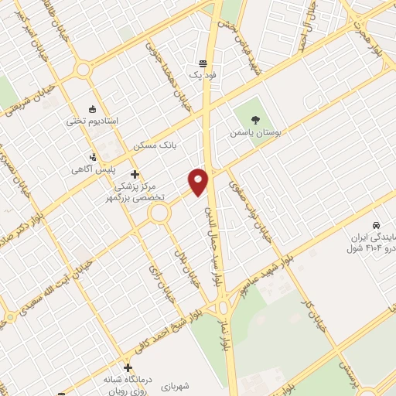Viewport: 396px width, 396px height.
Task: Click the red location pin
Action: [x=200, y=181]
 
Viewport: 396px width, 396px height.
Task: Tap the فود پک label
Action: [x=203, y=76]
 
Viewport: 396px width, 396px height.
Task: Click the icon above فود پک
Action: [x=203, y=63]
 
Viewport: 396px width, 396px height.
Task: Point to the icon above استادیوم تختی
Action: [x=94, y=108]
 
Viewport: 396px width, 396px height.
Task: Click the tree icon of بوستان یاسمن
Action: [x=255, y=119]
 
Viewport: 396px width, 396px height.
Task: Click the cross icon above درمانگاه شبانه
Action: [x=128, y=367]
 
